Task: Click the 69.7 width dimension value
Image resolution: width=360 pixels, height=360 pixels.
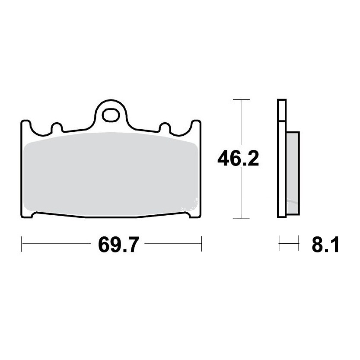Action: (118, 245)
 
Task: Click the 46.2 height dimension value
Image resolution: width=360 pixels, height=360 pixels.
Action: (238, 159)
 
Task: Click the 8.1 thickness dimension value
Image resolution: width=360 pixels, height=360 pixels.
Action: (325, 245)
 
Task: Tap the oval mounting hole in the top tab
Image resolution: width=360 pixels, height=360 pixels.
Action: (111, 115)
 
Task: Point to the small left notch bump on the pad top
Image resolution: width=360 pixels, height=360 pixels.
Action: (57, 127)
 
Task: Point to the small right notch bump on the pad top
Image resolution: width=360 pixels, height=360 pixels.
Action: (165, 127)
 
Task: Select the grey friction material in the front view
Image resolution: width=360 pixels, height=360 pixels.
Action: (111, 174)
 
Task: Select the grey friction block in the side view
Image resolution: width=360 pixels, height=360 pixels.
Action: (293, 173)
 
